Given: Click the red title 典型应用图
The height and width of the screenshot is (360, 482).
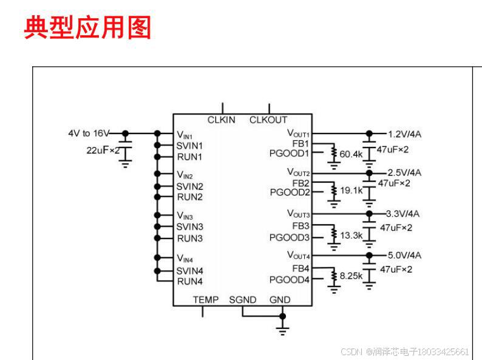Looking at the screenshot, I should point(87,28).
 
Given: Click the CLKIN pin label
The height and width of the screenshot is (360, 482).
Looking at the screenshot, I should point(221,120).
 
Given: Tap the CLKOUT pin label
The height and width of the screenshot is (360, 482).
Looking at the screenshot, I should point(268,120).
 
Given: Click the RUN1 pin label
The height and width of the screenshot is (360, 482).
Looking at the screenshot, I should point(189,157).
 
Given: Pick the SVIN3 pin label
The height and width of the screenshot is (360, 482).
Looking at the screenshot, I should point(189,226).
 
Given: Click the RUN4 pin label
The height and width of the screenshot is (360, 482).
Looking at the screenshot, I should point(189,281).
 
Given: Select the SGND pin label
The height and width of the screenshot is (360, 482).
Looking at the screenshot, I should point(243,300).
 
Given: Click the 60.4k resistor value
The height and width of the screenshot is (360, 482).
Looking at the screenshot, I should point(351,155).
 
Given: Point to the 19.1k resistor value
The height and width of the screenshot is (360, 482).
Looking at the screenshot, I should point(351,191).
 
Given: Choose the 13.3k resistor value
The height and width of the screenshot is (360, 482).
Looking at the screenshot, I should point(351,236).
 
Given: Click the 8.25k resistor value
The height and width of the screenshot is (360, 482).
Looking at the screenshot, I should point(351,276).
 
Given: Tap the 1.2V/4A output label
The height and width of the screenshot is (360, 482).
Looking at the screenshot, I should point(404,134).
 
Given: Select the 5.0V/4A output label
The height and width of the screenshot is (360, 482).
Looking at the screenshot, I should point(404,255).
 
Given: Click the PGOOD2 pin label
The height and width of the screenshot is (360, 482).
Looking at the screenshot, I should point(290,192).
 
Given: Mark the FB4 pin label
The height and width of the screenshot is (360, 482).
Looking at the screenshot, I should point(300,268).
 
